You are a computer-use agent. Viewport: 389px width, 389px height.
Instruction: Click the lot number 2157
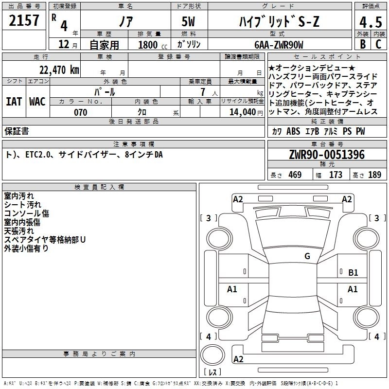pos(24,20)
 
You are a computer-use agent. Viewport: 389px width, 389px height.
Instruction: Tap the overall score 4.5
pos(371,22)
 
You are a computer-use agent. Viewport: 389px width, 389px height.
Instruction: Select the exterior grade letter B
pos(363,44)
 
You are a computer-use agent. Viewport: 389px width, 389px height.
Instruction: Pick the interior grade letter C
pos(378,44)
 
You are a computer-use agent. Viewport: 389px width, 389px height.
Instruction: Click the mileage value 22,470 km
pos(59,70)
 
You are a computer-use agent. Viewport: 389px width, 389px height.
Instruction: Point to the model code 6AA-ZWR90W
pos(279,45)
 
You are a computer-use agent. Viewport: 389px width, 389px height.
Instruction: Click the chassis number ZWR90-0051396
pos(327,155)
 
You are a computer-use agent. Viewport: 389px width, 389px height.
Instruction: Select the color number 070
pos(81,112)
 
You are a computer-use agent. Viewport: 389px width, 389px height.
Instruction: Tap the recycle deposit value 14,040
pos(243,112)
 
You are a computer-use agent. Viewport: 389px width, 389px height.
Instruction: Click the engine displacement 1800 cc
pos(153,45)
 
